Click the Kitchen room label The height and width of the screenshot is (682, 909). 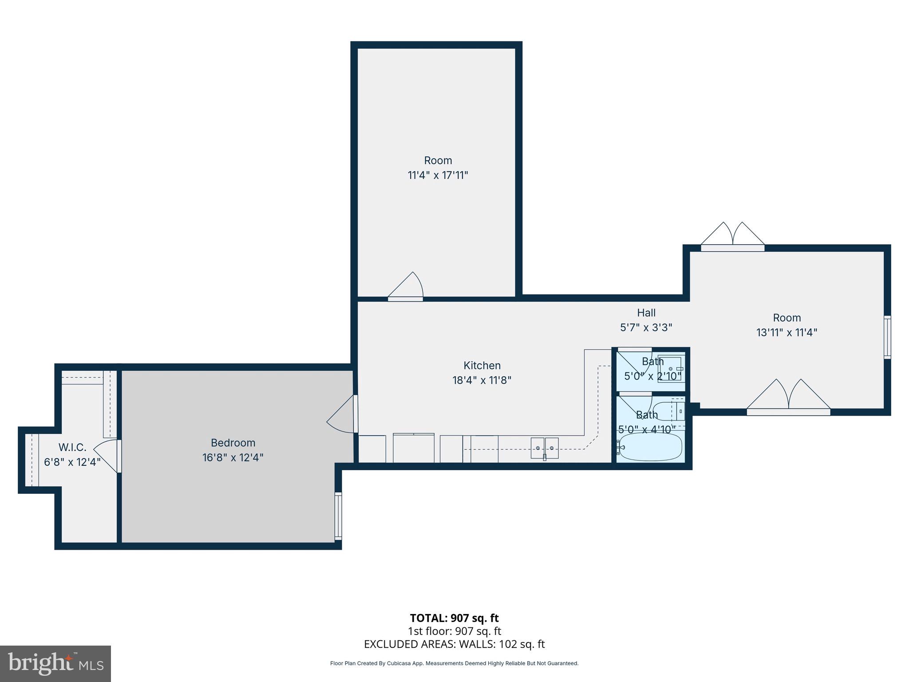pyautogui.click(x=482, y=365)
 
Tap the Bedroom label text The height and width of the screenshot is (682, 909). pyautogui.click(x=233, y=443)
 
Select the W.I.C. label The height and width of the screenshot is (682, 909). pyautogui.click(x=72, y=447)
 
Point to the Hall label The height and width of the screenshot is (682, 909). pyautogui.click(x=646, y=313)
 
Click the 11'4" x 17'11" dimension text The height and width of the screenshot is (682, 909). pyautogui.click(x=438, y=175)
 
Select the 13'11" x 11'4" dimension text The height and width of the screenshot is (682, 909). pyautogui.click(x=787, y=333)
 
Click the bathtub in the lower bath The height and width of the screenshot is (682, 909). pyautogui.click(x=651, y=447)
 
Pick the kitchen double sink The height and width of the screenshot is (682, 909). pyautogui.click(x=545, y=448)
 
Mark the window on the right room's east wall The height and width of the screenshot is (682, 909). pyautogui.click(x=887, y=337)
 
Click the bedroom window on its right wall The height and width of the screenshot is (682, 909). pyautogui.click(x=338, y=515)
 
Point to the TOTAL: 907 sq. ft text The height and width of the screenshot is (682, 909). pyautogui.click(x=454, y=618)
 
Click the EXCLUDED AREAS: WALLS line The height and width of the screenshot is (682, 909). pyautogui.click(x=454, y=644)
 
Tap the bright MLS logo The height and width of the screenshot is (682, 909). pyautogui.click(x=55, y=663)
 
